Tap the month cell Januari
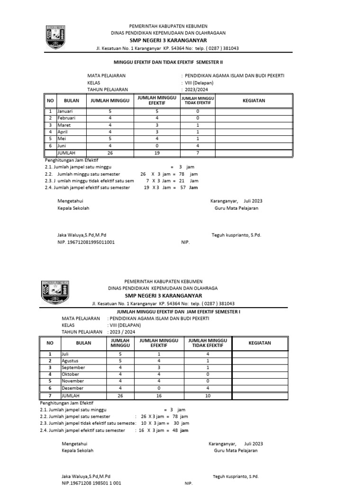pos(65,111)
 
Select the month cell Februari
pos(66,117)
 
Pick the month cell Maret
pos(64,124)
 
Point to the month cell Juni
pos(63,146)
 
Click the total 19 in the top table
pos(157,153)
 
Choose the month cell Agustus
pos(69,361)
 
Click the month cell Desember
pos(72,388)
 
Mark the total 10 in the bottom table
pos(208,395)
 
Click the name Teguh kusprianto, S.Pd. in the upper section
pos(236,235)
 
